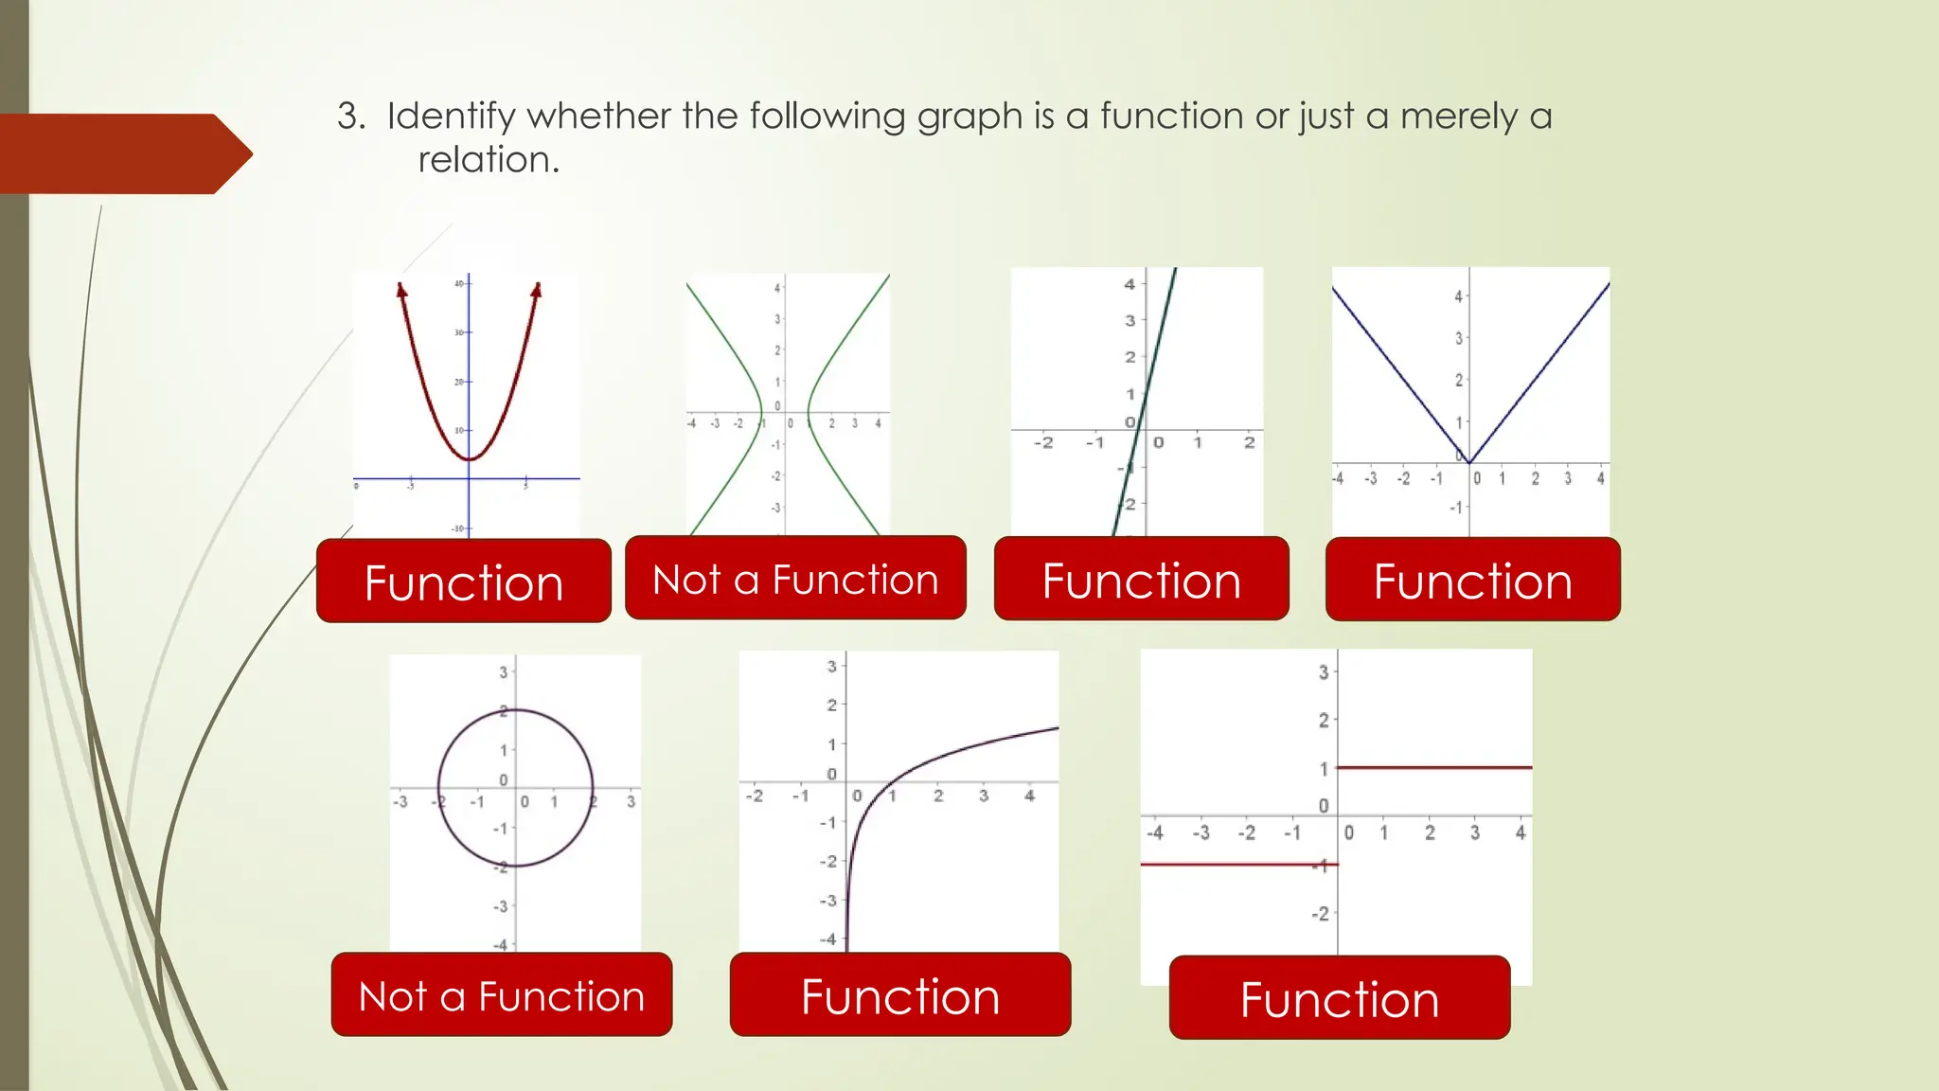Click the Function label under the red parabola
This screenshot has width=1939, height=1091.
coord(464,581)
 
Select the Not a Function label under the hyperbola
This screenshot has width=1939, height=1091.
coord(795,579)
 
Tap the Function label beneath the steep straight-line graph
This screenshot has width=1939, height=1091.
coord(1141,580)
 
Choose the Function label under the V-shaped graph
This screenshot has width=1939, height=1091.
coord(1472,580)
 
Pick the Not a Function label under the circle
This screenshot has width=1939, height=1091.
coord(502,995)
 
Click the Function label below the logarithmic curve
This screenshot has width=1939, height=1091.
coord(899,995)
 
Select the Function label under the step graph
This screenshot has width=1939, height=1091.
coord(1339,998)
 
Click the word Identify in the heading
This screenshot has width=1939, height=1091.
coord(452,116)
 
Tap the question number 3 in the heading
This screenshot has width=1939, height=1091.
coord(348,116)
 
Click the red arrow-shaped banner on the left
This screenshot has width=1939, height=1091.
coord(123,153)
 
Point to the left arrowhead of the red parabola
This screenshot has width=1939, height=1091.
coord(401,290)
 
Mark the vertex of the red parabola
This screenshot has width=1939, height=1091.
coord(469,459)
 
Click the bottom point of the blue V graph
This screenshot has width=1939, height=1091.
coord(1468,462)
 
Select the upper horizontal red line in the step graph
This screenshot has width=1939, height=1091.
coord(1433,767)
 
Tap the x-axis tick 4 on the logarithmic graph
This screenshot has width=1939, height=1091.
coord(1029,796)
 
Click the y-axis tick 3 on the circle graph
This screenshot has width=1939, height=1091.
coord(504,671)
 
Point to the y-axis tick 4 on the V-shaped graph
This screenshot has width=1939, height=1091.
coord(1458,296)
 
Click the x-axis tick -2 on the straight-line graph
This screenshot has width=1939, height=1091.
coord(1043,442)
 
